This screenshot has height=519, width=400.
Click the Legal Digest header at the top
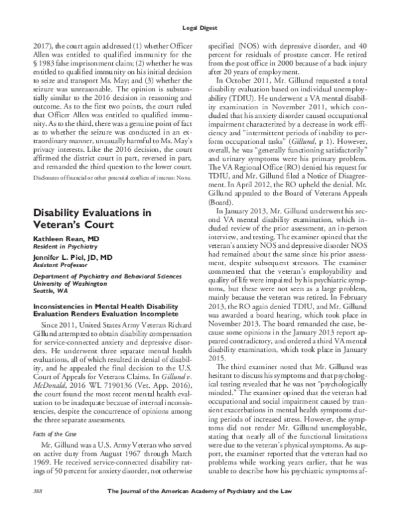click(200, 27)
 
